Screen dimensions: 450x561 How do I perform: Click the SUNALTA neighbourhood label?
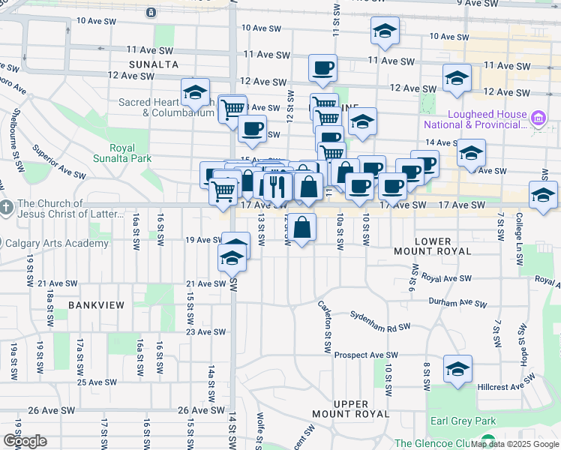[x=153, y=64]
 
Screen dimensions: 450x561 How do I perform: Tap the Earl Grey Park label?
[x=458, y=421]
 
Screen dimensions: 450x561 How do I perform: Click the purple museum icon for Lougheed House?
[x=538, y=118]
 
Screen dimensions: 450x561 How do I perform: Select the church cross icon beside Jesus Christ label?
[x=7, y=206]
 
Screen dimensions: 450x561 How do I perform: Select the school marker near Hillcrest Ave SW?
[x=457, y=370]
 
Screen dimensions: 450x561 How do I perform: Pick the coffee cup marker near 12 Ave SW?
[x=322, y=68]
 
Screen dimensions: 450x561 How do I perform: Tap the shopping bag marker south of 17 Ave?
[x=301, y=227]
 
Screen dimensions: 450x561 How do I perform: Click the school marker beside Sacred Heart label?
[x=195, y=93]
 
